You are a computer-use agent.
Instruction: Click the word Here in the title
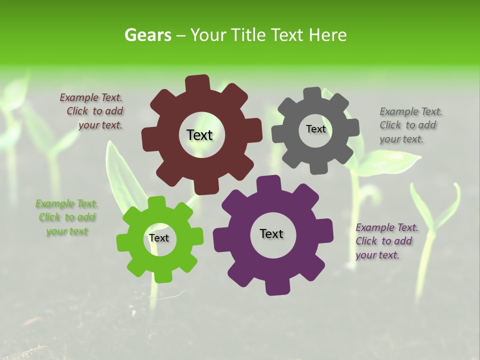[328, 35]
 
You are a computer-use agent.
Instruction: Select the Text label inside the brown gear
[199, 135]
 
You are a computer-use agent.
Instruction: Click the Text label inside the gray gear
[315, 129]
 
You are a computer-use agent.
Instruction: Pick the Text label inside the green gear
[158, 238]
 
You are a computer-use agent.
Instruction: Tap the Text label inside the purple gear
[271, 233]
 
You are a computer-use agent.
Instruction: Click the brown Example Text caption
[92, 111]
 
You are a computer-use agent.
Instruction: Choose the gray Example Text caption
[410, 125]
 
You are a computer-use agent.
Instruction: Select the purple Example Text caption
[386, 241]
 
